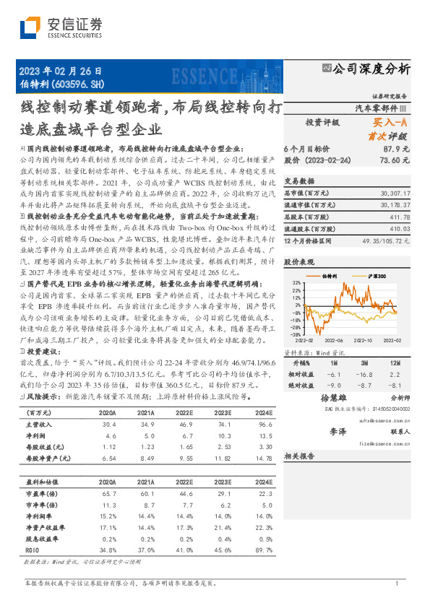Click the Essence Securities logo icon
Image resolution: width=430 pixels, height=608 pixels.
click(30, 28)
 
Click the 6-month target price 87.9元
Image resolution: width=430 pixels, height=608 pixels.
click(396, 148)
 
